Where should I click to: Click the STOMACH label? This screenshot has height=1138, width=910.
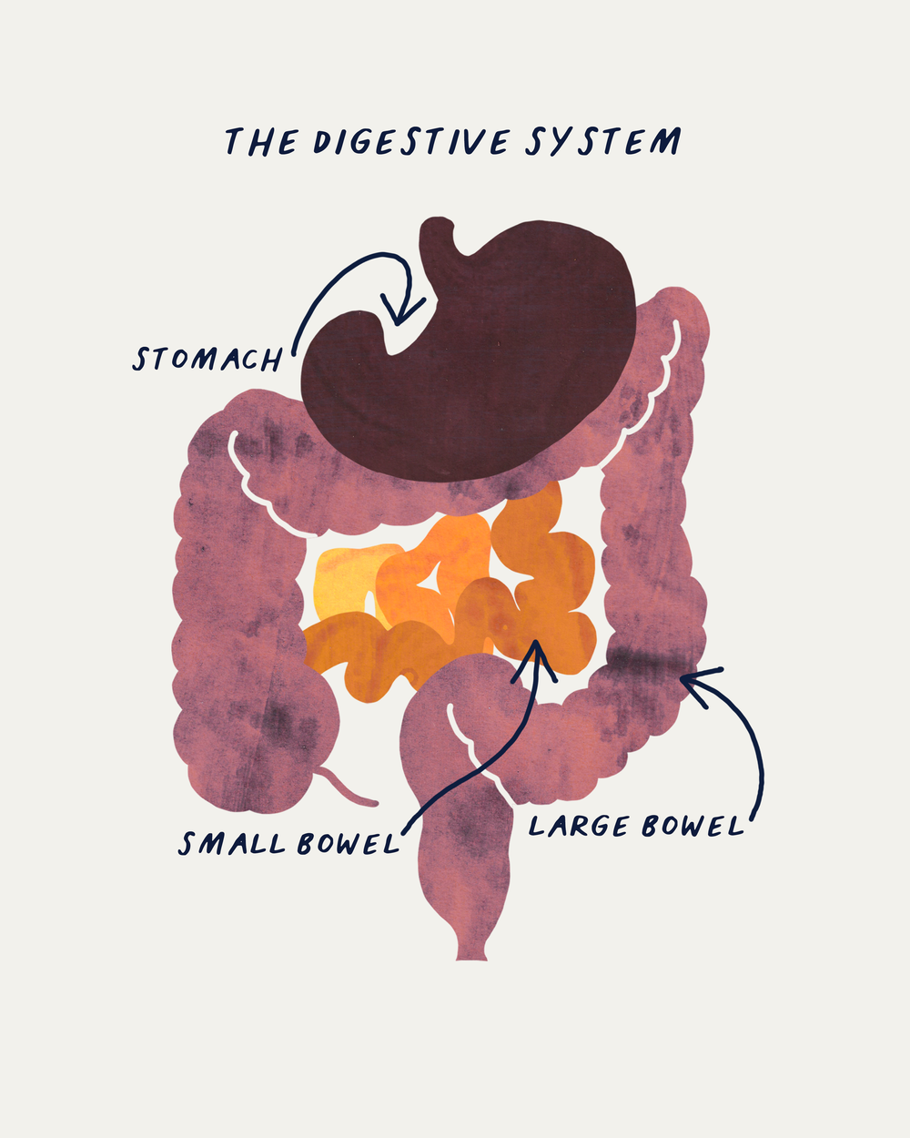pos(207,358)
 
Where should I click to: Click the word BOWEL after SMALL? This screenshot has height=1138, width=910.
pos(349,844)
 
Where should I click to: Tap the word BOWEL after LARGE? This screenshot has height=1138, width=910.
pos(693,826)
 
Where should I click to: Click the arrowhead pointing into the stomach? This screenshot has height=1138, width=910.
pos(398,314)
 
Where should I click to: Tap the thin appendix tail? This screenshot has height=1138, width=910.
pos(349,790)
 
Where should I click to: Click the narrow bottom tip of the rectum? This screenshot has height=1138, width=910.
pos(471,951)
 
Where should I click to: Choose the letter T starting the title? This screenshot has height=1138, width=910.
pos(234,143)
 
